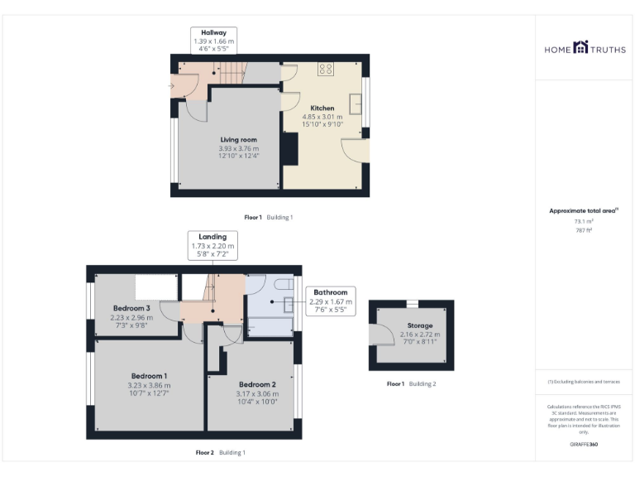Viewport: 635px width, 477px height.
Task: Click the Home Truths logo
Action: tap(585, 49)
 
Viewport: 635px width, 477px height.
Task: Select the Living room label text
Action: tap(238, 140)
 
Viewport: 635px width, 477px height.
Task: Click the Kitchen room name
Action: tap(322, 108)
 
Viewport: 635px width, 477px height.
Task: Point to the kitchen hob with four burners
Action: tap(326, 70)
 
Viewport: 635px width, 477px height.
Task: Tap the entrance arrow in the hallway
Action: tap(172, 84)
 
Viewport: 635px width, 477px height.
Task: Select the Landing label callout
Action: tap(212, 245)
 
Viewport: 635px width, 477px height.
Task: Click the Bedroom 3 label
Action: tap(131, 308)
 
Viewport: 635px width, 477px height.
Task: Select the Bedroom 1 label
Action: tap(148, 376)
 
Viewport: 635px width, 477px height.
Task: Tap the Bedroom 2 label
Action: tap(257, 384)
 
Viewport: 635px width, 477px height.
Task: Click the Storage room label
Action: tap(419, 326)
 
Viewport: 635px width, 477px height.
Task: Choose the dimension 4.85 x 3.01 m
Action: tap(322, 118)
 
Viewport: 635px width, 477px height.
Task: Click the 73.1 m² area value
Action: tap(584, 221)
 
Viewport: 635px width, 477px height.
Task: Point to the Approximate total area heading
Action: tap(584, 210)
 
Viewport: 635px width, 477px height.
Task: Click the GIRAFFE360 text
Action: tap(584, 445)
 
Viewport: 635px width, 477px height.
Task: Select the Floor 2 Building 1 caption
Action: tap(220, 452)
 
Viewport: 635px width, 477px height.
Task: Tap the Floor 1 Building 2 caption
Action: tap(411, 383)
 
